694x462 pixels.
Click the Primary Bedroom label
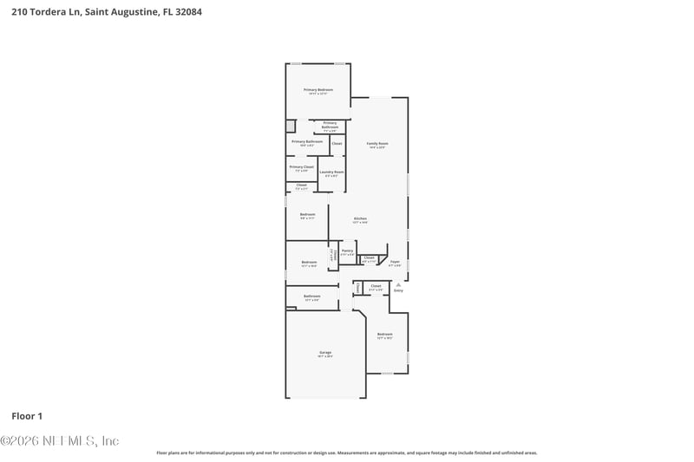pos(318,90)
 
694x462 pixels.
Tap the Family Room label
pos(376,144)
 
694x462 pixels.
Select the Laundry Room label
pos(331,172)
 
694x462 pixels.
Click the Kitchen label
pos(360,218)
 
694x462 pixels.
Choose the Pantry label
pos(347,251)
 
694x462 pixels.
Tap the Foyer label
pos(395,262)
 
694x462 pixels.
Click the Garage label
pos(325,353)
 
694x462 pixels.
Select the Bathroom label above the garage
pos(312,296)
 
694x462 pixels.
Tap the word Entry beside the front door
pos(398,290)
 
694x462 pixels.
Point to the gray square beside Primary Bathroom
pos(291,127)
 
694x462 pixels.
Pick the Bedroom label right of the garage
pos(384,335)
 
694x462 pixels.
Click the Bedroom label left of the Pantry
pos(309,263)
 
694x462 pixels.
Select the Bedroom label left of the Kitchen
pos(307,215)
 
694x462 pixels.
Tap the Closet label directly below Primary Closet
pos(301,185)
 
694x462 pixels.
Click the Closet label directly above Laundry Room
pos(337,143)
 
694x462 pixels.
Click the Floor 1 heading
pos(27,416)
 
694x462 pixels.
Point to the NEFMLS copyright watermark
pos(59,441)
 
